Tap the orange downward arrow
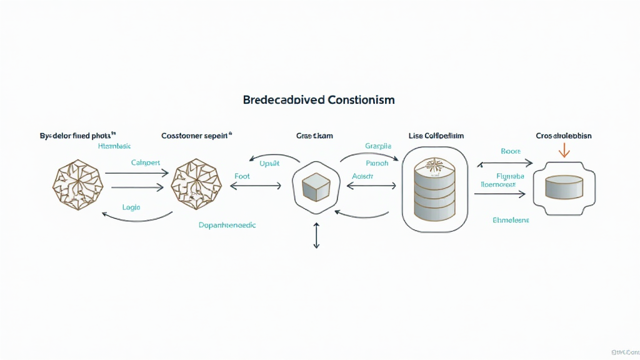tap(564, 150)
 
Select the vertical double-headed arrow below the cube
tap(316, 236)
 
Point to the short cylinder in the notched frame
tap(564, 186)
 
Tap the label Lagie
tap(131, 207)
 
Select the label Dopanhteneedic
tap(227, 224)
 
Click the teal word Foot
tap(242, 176)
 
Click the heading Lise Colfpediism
tap(436, 135)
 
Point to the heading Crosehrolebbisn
tap(564, 135)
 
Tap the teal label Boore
tap(511, 151)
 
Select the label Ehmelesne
tap(511, 220)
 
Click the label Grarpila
tap(378, 146)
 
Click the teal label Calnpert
tap(146, 162)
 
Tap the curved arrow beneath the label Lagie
tap(137, 218)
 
